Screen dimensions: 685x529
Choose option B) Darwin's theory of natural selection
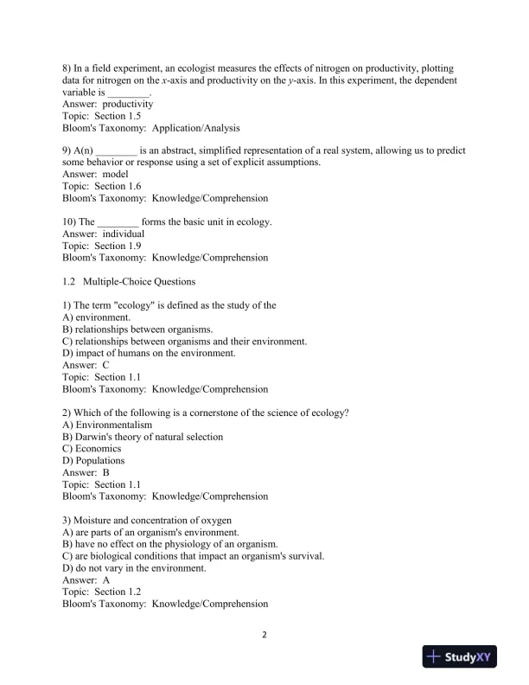(143, 437)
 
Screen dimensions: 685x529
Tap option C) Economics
(92, 449)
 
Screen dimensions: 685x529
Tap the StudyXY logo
(462, 657)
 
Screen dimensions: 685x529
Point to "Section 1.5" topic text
(118, 115)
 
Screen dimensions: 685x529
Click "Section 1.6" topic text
(118, 186)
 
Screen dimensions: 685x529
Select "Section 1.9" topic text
(118, 246)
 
